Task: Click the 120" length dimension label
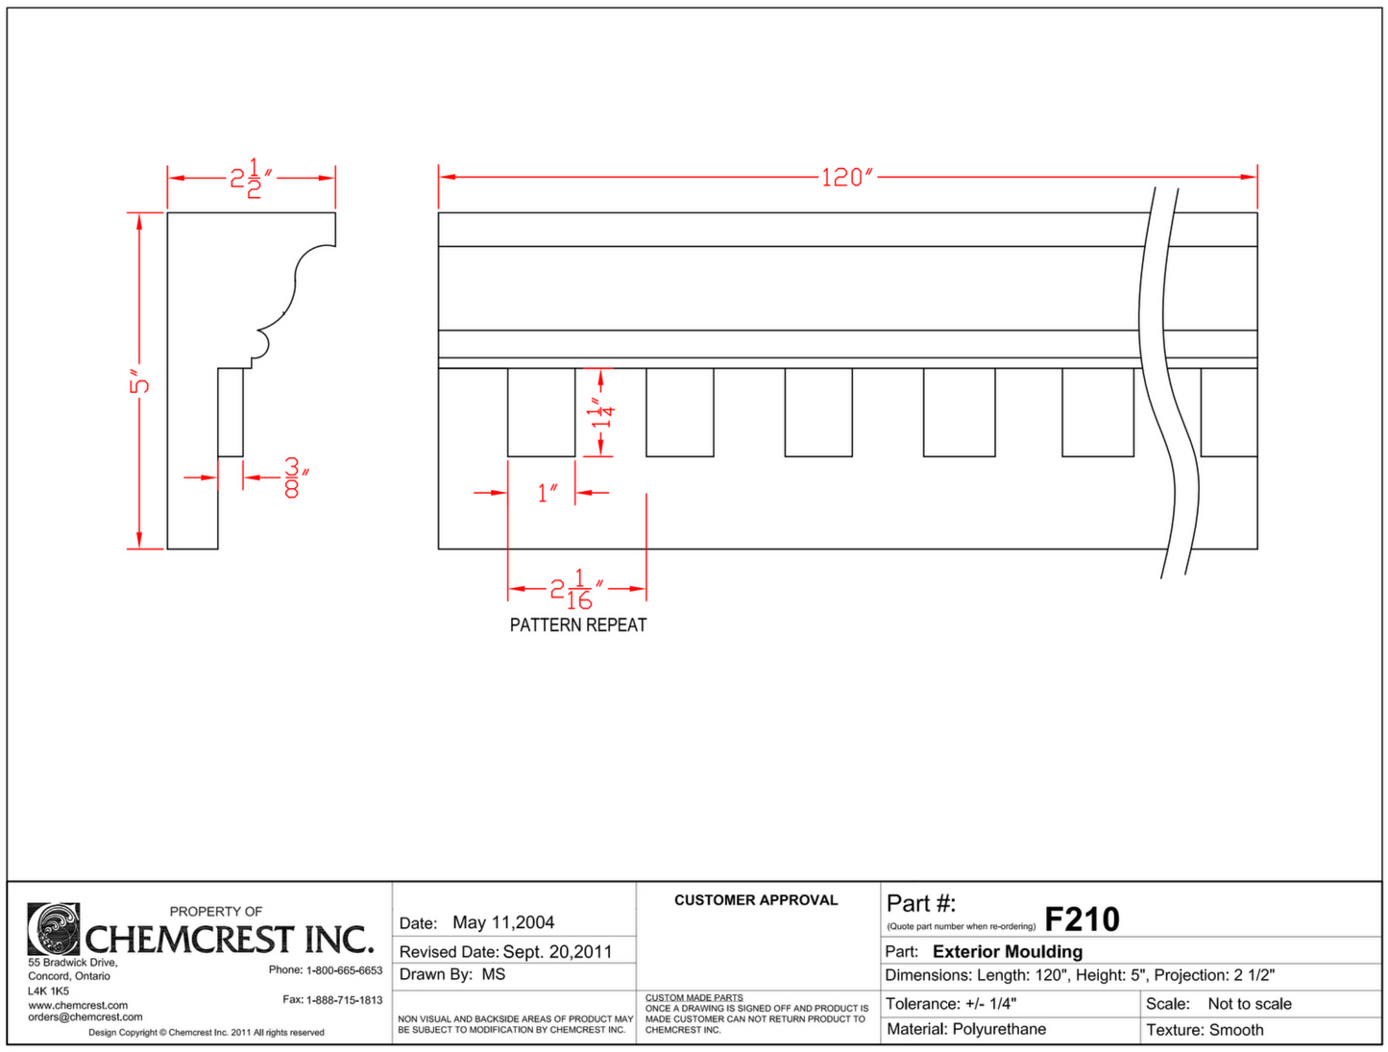tap(846, 178)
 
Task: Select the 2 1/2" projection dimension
tap(251, 179)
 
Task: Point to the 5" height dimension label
tap(140, 383)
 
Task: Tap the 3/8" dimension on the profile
tap(294, 477)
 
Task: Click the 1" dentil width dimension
tap(547, 494)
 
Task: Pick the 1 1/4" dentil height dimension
tap(602, 413)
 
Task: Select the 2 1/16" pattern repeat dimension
tap(576, 589)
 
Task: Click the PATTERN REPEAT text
tap(578, 625)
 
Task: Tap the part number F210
tap(1082, 919)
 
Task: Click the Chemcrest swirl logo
tap(54, 929)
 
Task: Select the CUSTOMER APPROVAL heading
tap(756, 900)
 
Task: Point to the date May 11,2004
tap(503, 923)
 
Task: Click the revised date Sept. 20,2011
tap(557, 952)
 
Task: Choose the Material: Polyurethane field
tap(965, 1030)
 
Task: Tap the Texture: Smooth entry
tap(1205, 1030)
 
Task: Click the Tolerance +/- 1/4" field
tap(950, 1004)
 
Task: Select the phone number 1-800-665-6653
tap(344, 970)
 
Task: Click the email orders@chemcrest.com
tap(85, 1017)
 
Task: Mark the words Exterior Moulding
tap(1008, 952)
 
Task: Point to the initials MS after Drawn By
tap(494, 975)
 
